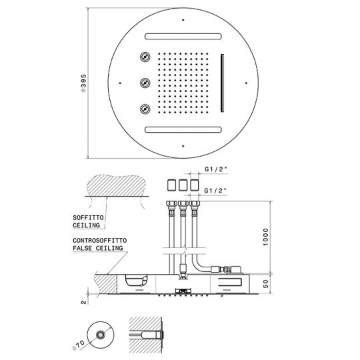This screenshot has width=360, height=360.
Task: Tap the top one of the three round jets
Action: [144, 57]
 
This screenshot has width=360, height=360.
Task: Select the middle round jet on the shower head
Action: [144, 83]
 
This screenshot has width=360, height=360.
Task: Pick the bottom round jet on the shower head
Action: [144, 109]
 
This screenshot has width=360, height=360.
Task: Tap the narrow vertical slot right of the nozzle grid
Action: [221, 83]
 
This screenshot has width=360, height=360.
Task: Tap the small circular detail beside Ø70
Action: [102, 336]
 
